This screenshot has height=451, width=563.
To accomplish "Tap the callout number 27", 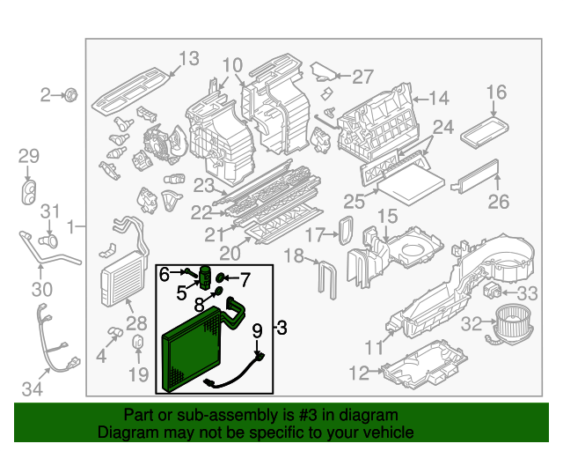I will [363, 77].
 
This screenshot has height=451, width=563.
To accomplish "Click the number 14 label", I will [438, 99].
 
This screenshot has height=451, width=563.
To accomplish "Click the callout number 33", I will [527, 293].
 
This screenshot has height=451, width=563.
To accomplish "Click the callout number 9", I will [257, 332].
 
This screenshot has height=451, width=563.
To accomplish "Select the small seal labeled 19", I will [139, 342].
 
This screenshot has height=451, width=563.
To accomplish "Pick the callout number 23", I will [204, 186].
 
